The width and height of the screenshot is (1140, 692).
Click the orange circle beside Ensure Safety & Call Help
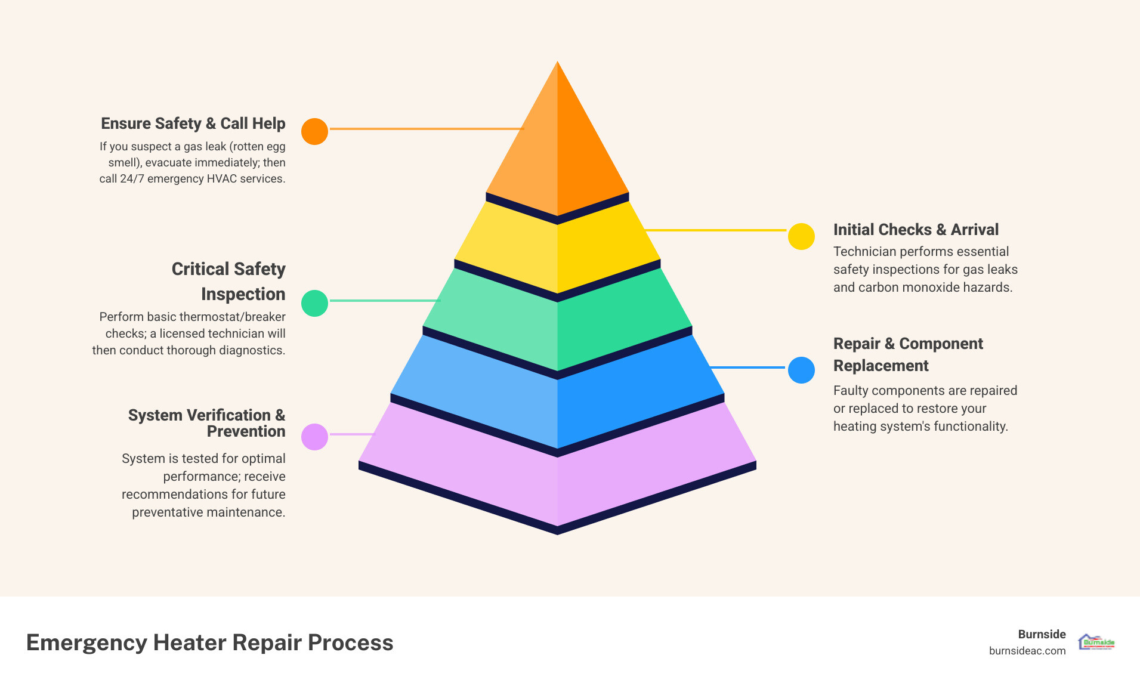pos(314,131)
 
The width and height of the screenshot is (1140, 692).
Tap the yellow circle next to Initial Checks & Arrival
pos(801,236)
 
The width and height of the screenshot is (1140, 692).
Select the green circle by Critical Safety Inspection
pos(314,303)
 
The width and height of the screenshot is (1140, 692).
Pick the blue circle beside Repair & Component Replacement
pos(801,370)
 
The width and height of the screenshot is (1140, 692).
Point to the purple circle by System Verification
pos(314,437)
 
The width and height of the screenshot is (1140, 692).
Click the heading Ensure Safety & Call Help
pos(193,123)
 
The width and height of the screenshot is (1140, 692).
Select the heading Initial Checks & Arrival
pos(916,230)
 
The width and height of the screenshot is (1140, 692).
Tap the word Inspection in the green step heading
pos(243,294)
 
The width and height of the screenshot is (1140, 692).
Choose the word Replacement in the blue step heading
pos(881,366)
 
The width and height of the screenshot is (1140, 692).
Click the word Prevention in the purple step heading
pos(246,431)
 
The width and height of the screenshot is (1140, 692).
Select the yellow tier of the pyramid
pos(557,251)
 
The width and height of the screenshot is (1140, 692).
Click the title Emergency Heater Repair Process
pos(209,642)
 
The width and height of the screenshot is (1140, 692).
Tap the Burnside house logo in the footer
pos(1096,642)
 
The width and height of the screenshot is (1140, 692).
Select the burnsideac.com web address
pos(1027,651)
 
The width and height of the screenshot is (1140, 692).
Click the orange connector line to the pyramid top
pos(426,128)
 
